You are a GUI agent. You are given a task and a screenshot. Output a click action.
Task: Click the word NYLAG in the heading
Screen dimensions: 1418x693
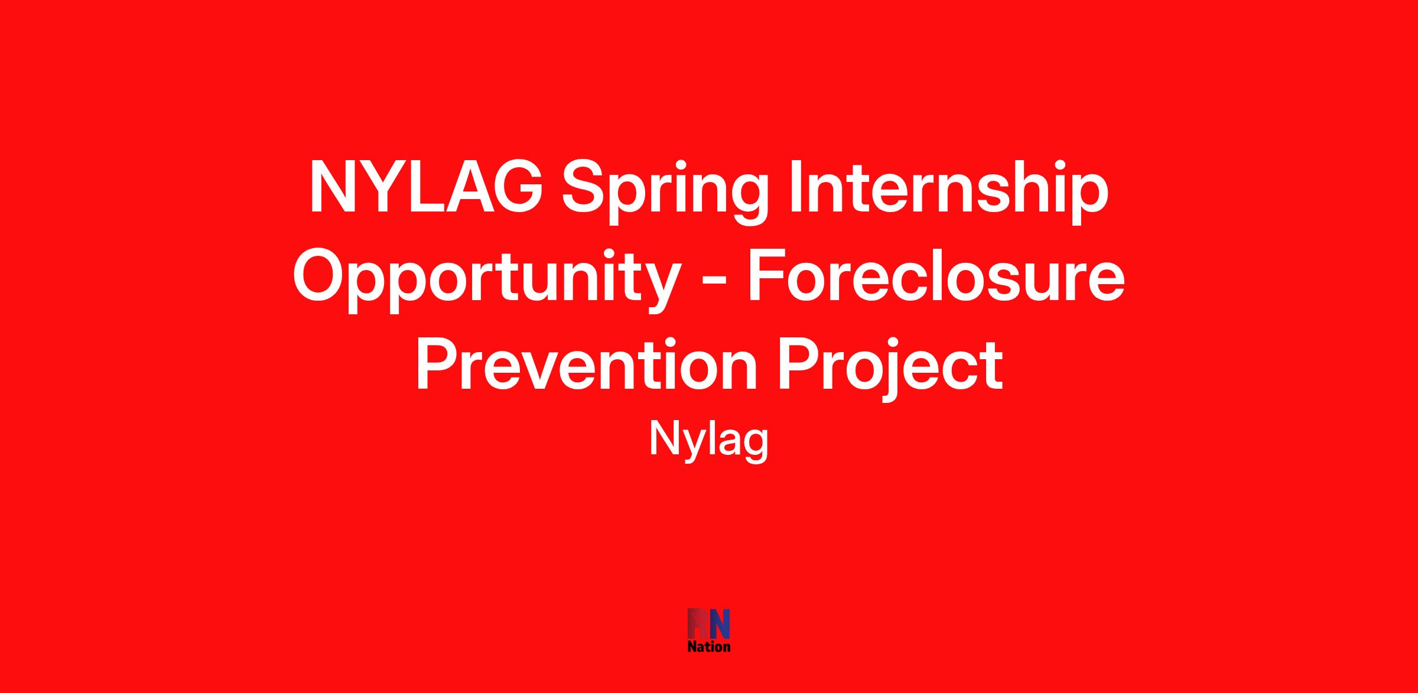click(x=425, y=186)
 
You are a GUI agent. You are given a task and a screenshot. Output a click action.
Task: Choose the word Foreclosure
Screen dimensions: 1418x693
click(x=936, y=275)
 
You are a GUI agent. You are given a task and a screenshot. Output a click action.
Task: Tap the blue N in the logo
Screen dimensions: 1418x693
click(x=720, y=624)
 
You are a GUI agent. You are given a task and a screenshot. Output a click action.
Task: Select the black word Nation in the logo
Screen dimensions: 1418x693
click(x=709, y=646)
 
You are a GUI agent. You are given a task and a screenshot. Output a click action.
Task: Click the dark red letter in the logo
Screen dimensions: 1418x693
click(x=698, y=624)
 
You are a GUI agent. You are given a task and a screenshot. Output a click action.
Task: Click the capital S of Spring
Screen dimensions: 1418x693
click(x=584, y=186)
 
